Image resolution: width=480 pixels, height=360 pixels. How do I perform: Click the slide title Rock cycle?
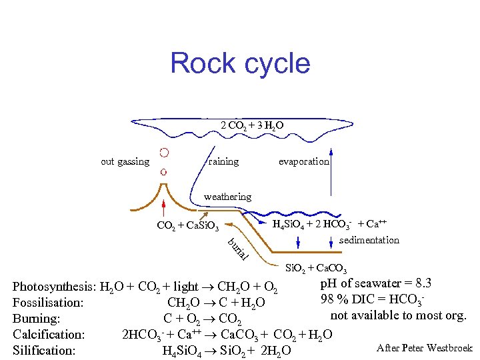pos(240,63)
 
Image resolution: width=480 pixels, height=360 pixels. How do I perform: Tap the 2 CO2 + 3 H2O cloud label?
pos(255,125)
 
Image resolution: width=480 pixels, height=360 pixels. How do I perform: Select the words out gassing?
pos(125,161)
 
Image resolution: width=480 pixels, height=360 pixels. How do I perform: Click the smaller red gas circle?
pos(163,171)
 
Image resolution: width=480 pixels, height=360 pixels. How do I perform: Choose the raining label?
pos(223,161)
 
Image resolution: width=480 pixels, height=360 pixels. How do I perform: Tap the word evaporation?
pos(303,161)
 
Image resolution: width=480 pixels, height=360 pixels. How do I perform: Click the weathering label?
pos(227,197)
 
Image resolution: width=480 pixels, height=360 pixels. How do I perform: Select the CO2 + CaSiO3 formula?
pos(192,225)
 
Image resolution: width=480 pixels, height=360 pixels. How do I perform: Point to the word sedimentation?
pos(369,240)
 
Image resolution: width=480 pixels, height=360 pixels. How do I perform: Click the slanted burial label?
pos(238,249)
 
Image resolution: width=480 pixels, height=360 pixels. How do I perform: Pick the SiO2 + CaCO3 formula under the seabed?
pos(315,269)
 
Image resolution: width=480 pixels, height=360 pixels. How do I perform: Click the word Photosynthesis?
pos(53,287)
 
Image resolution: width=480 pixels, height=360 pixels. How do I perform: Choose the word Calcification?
pos(49,334)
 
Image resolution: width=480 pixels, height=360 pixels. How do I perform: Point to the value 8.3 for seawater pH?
pos(420,283)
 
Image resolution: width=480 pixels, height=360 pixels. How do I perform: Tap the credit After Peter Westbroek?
pos(424,348)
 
